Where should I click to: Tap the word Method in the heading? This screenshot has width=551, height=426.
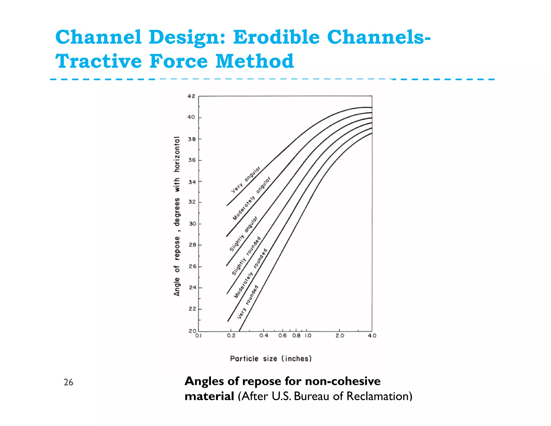tap(255, 61)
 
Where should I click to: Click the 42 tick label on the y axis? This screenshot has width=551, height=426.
tap(191, 96)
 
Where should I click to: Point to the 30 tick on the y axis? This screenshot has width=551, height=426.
tap(192, 224)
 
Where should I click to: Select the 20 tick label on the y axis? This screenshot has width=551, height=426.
tap(192, 331)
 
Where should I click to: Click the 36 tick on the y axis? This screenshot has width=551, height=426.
tap(192, 160)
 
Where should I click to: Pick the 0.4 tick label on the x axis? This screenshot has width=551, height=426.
tap(264, 336)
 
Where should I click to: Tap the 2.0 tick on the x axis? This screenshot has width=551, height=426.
tap(340, 336)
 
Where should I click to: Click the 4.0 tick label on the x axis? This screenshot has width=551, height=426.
tap(372, 336)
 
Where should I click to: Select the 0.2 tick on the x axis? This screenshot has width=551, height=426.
tap(231, 336)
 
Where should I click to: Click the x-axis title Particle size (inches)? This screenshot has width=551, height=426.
tap(271, 359)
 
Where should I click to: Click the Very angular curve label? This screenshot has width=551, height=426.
tap(246, 180)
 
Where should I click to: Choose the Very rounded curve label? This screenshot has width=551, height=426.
tap(248, 302)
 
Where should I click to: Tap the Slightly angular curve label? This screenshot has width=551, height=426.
tap(243, 233)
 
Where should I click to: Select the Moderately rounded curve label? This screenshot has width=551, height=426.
tap(250, 273)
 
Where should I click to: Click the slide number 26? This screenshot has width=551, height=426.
tap(68, 382)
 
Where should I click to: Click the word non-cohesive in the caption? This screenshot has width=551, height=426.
tap(343, 381)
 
